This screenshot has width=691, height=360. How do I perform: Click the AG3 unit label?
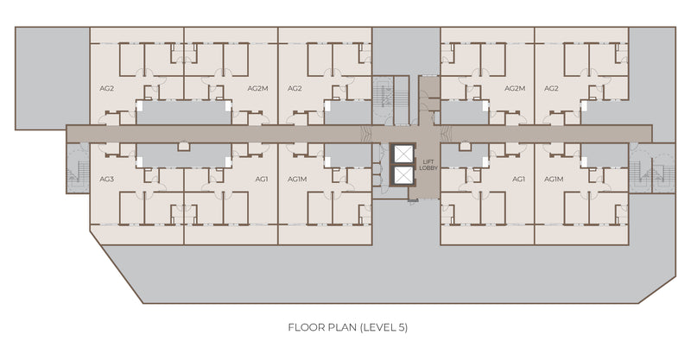106,180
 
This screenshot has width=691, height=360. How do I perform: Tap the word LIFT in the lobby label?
428,162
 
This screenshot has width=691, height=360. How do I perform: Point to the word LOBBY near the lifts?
428,167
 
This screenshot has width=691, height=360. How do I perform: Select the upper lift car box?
403,155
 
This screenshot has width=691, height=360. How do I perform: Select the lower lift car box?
403,175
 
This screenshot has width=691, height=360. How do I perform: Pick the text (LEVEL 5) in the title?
384,327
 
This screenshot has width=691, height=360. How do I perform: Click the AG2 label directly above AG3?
106,89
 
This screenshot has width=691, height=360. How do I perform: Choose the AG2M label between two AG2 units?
257,89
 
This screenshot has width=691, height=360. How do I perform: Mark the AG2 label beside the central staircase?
295,89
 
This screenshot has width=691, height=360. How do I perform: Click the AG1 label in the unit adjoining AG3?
262,180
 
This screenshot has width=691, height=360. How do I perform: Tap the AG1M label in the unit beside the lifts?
297,180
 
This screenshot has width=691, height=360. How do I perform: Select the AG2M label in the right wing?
515,89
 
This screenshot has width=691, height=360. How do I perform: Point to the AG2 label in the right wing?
551,89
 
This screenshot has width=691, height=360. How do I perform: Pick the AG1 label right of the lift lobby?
519,180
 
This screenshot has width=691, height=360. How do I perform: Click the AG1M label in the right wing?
554,180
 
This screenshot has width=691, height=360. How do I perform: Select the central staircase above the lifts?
391,99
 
